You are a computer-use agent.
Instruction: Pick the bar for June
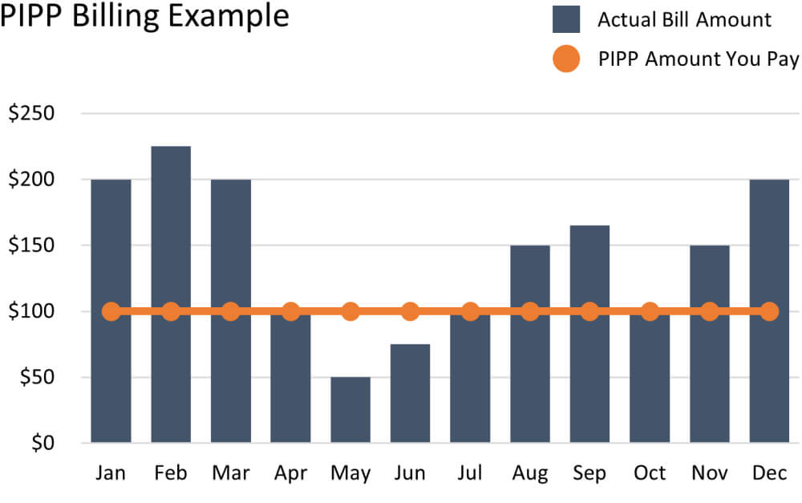coord(410,393)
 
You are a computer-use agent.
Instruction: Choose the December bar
coord(769,241)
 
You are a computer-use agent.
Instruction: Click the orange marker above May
coord(350,311)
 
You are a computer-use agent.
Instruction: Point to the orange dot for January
coord(111,311)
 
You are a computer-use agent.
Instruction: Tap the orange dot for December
coord(769,311)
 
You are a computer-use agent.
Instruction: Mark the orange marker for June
coord(410,311)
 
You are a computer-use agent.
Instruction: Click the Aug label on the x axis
coord(529,473)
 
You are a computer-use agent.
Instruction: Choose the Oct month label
coord(650,473)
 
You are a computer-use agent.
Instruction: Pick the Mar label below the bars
coord(230,473)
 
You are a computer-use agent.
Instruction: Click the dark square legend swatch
coord(566,19)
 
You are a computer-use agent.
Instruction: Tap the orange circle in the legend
coord(566,59)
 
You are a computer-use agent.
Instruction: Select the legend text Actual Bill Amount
coord(684,19)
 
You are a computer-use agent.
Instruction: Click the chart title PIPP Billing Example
coord(145,16)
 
